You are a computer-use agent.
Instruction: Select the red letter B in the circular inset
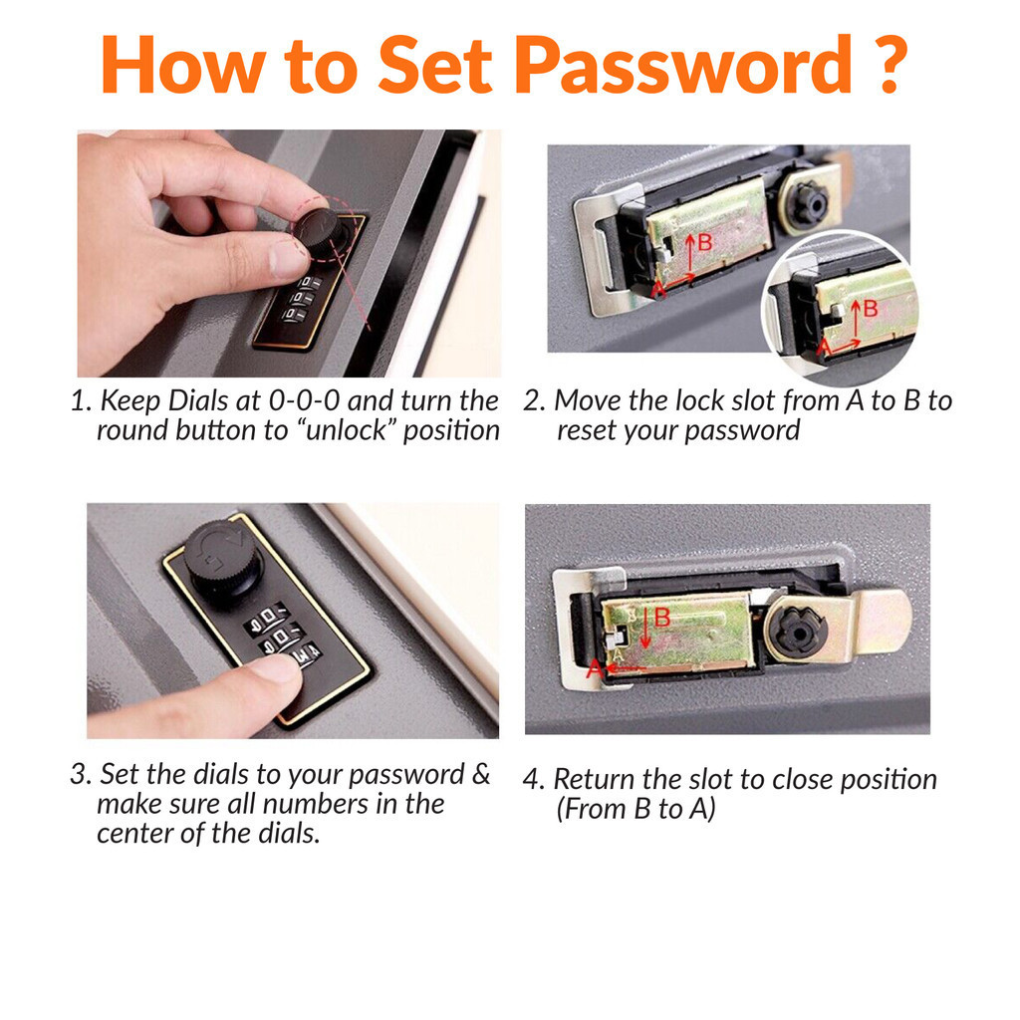(870, 309)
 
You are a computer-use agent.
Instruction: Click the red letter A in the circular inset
(823, 348)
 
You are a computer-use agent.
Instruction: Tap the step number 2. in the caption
(535, 401)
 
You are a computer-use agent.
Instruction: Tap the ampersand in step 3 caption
(480, 775)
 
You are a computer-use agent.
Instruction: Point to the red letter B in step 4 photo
(662, 619)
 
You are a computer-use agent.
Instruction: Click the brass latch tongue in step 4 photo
(882, 622)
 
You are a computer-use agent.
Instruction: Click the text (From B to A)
(636, 809)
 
